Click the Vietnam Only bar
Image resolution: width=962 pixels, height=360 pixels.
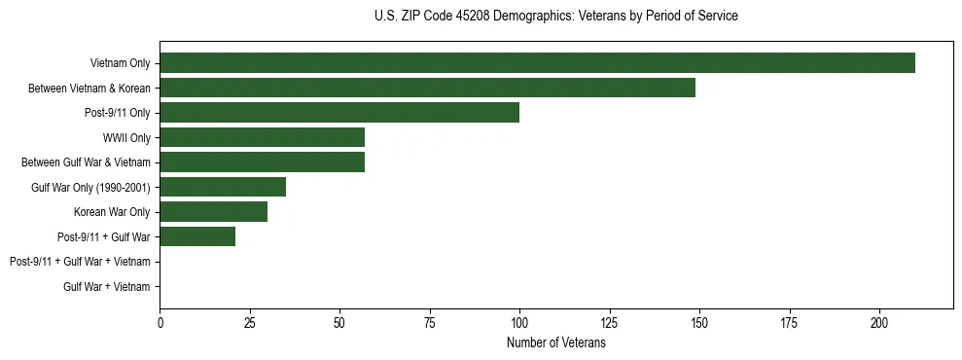click(537, 63)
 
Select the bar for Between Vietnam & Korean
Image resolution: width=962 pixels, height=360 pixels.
click(427, 89)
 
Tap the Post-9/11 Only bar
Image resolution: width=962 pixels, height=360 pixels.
click(339, 113)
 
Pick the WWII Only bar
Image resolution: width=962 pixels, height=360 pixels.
click(262, 137)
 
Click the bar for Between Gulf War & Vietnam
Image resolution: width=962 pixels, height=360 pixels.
click(262, 162)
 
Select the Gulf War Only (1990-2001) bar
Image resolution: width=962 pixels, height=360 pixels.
click(223, 187)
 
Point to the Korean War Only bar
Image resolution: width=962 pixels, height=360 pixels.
click(213, 212)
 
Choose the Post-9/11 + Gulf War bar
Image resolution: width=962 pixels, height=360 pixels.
click(197, 236)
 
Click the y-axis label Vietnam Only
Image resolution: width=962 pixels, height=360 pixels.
click(120, 63)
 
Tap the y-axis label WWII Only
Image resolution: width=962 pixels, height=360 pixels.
click(126, 137)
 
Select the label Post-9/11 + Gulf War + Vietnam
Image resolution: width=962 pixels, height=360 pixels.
click(80, 262)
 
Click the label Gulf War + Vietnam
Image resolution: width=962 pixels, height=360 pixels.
click(107, 286)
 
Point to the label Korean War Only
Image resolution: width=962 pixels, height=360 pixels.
click(112, 212)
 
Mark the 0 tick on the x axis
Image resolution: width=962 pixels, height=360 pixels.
click(160, 322)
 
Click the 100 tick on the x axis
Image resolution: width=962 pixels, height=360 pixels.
click(519, 322)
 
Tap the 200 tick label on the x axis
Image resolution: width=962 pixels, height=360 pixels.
click(879, 322)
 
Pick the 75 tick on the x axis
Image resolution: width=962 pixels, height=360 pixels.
click(429, 322)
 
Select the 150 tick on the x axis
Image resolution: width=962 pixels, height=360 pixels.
click(699, 322)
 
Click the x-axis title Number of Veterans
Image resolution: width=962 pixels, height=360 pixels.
click(555, 343)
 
